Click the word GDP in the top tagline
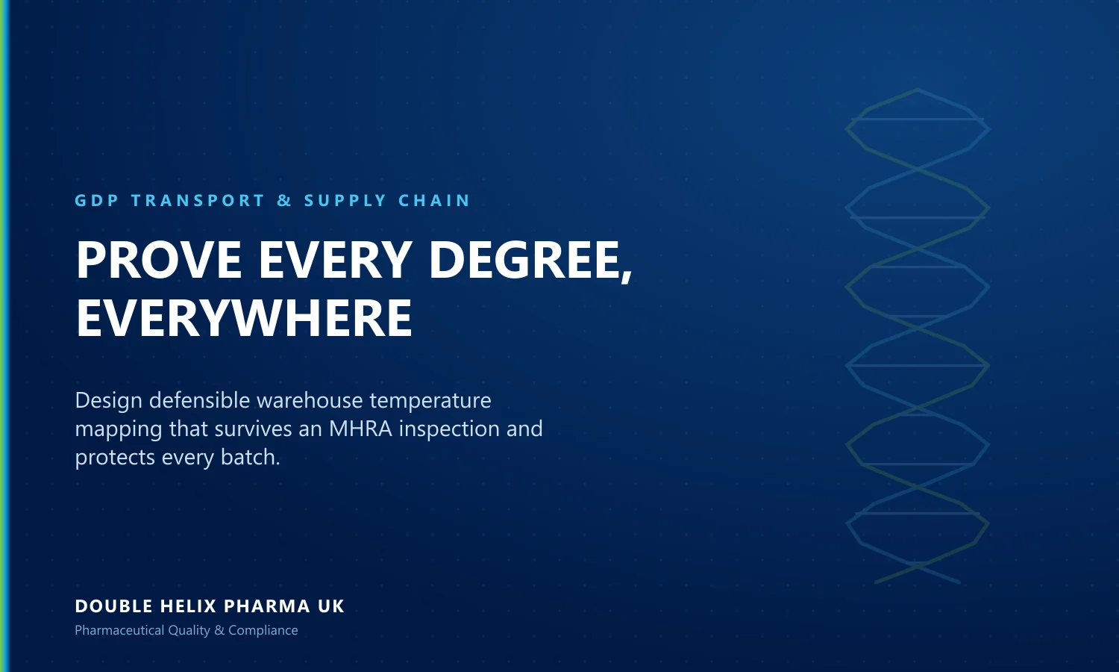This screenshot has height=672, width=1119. click(x=97, y=201)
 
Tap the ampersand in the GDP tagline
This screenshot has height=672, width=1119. click(x=284, y=201)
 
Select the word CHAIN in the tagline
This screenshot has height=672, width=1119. click(x=433, y=201)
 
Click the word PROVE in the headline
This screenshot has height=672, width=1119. click(x=159, y=260)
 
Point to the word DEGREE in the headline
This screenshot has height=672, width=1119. click(x=524, y=260)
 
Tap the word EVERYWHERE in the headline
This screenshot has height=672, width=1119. click(x=244, y=318)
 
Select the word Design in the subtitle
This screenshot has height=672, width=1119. click(x=108, y=401)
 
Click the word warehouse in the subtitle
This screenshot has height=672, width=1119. click(x=310, y=401)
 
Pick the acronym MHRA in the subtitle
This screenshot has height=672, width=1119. click(x=360, y=429)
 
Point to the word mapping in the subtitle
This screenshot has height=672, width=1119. click(x=119, y=430)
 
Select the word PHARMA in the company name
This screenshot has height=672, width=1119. click(x=267, y=606)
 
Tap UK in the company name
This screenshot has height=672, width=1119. click(x=331, y=606)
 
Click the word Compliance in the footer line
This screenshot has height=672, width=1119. click(x=263, y=631)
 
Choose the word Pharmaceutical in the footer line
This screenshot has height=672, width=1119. click(x=119, y=630)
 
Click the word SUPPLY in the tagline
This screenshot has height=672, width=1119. click(x=345, y=201)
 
